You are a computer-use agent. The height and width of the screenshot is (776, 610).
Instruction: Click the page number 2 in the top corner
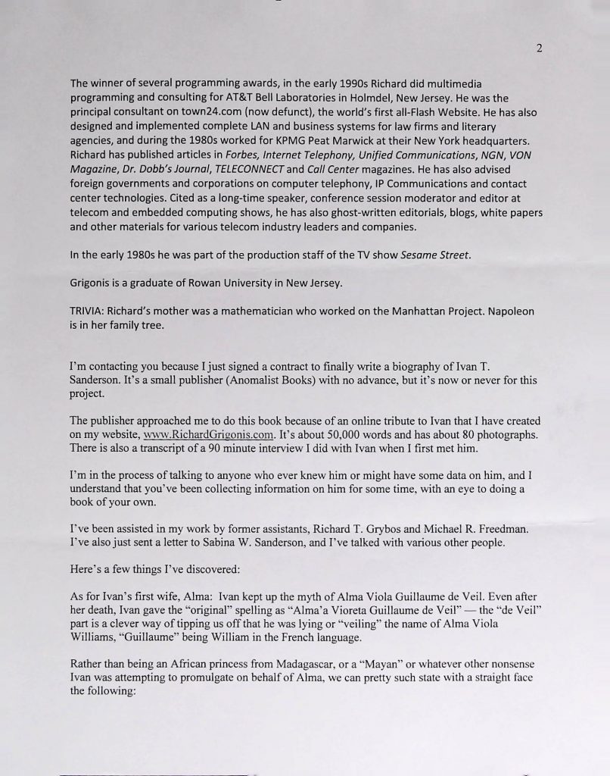pos(539,48)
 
